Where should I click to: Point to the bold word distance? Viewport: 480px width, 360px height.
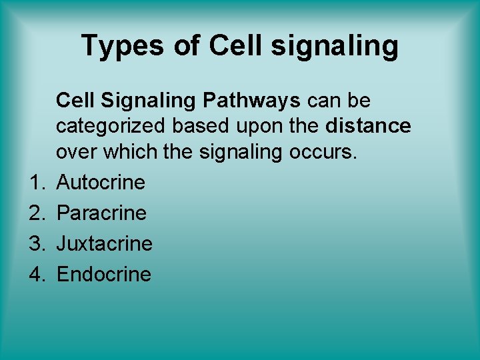369,126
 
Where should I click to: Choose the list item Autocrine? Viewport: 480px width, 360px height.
101,182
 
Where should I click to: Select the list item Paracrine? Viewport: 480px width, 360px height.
101,213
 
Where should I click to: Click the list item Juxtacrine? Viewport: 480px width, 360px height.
104,243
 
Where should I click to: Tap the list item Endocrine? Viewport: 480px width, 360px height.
103,274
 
